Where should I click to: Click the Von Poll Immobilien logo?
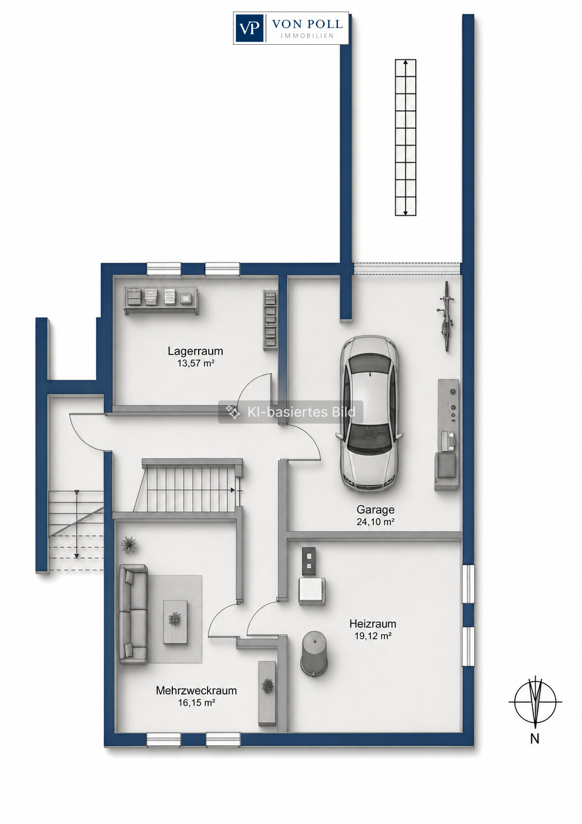tap(290, 28)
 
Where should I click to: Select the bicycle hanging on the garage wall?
tap(446, 316)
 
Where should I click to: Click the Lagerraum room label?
tap(195, 351)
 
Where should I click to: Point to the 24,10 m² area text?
tap(375, 521)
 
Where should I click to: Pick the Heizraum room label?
tap(373, 624)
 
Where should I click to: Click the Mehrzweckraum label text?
tap(196, 690)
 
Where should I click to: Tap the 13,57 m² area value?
tap(195, 363)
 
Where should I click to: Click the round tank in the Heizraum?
tap(315, 653)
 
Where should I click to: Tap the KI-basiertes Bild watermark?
tap(290, 411)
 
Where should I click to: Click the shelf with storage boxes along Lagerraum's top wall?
tap(161, 300)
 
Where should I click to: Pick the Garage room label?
tap(375, 510)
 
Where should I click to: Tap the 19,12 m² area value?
tap(373, 636)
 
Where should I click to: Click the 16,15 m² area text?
tap(197, 702)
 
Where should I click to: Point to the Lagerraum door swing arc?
tap(250, 384)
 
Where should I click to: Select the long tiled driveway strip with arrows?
tap(405, 137)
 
